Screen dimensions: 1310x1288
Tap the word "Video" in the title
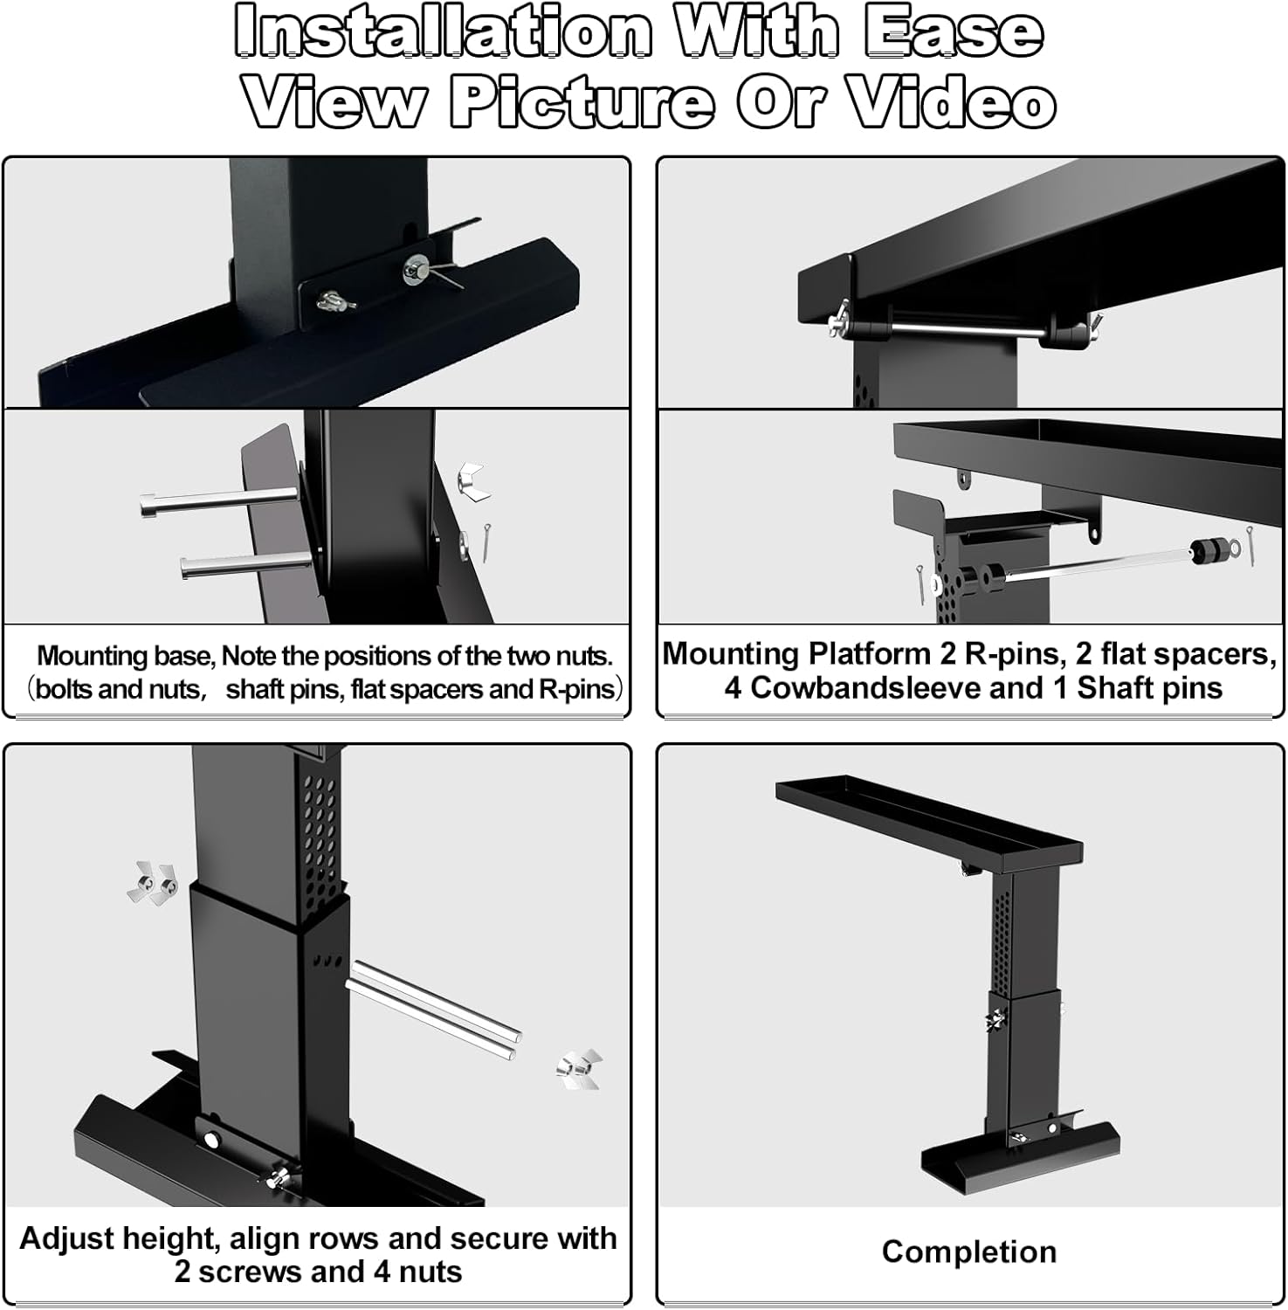(953, 103)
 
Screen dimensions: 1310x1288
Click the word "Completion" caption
(968, 1251)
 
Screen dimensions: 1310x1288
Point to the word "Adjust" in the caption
(66, 1238)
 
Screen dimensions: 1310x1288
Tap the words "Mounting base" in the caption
(125, 656)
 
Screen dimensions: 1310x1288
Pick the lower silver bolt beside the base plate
(245, 565)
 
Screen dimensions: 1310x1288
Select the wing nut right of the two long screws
(579, 1069)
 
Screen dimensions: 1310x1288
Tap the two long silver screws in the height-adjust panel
(434, 1007)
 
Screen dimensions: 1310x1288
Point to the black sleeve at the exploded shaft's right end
(1206, 552)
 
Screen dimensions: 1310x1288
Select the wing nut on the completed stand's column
(995, 1018)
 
